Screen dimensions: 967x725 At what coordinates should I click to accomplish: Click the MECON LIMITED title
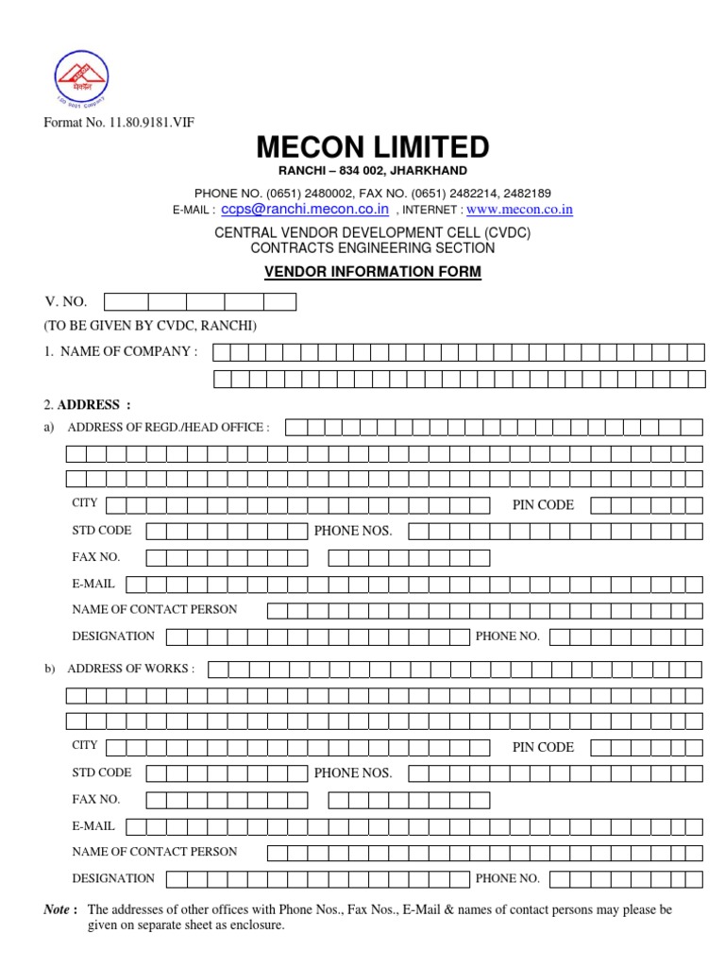(372, 147)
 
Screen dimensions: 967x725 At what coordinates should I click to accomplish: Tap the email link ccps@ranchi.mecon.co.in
(305, 210)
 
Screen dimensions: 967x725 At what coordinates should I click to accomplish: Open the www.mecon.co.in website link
(519, 210)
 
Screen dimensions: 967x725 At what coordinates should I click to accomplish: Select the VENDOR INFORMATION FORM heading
(372, 272)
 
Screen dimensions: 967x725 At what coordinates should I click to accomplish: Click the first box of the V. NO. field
(126, 302)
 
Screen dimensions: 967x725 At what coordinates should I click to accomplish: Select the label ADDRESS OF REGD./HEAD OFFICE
(168, 427)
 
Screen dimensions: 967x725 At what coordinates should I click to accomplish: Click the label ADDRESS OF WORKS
(131, 669)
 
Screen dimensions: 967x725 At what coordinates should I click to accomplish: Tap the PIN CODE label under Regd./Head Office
(543, 505)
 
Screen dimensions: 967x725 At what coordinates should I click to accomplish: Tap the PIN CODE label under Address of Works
(543, 747)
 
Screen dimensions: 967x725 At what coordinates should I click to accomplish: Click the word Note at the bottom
(58, 910)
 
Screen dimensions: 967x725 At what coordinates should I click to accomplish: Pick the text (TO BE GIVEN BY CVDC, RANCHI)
(149, 327)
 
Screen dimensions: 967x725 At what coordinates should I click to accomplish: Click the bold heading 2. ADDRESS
(87, 405)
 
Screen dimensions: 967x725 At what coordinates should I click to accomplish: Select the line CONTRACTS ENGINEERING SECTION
(372, 248)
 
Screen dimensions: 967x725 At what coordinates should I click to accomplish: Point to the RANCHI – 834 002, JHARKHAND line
(372, 170)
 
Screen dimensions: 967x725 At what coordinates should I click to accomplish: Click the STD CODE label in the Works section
(102, 772)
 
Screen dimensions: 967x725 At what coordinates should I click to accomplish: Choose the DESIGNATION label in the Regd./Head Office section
(113, 636)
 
